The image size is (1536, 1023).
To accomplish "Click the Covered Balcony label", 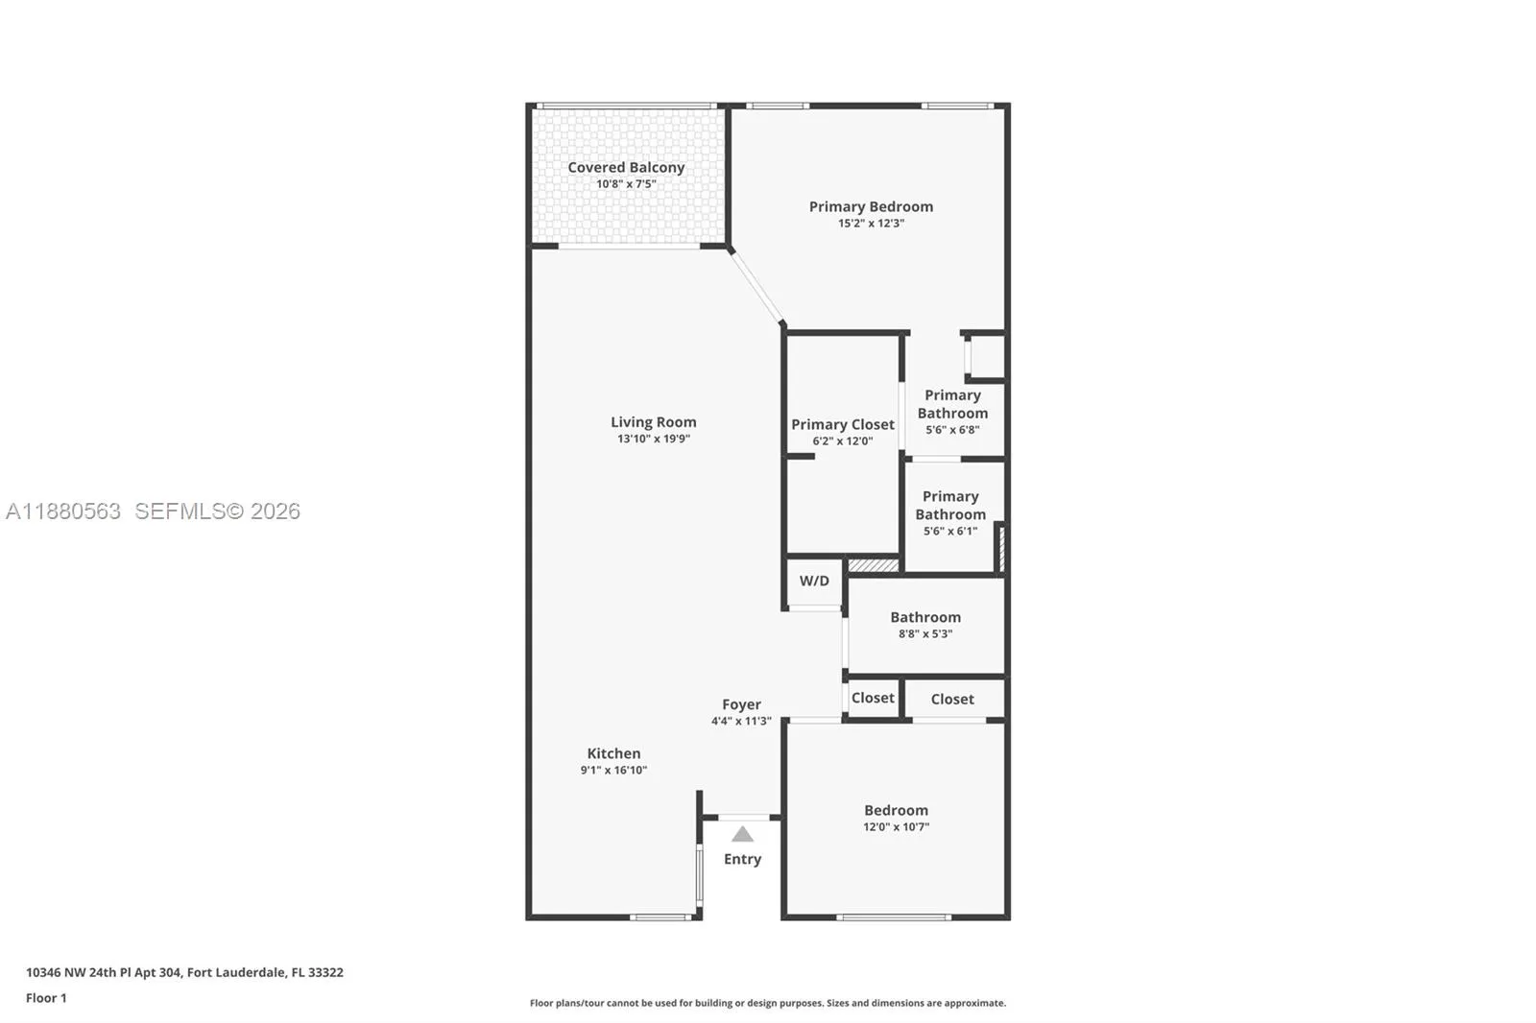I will point(626,167).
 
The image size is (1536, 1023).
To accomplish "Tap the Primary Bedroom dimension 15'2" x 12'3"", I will point(871,224).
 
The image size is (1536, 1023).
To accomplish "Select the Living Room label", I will point(653,422).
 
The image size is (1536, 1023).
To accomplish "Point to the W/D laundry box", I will point(814,581).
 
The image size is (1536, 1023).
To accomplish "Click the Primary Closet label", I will point(842,424).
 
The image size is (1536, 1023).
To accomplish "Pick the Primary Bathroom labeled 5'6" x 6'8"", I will point(952,412).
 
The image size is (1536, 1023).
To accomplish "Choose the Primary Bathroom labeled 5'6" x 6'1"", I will point(950,512).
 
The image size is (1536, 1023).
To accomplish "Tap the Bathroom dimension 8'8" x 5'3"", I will point(925,634).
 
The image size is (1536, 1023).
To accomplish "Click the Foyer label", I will point(741,704).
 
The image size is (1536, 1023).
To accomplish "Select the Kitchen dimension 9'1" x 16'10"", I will point(613,771).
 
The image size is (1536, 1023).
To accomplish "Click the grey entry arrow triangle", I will point(742,834).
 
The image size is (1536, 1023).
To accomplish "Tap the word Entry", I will point(742,859).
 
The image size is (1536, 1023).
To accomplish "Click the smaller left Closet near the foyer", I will point(873,698).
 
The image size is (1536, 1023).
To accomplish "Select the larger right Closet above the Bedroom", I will point(952,699).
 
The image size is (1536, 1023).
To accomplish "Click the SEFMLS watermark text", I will point(217,511).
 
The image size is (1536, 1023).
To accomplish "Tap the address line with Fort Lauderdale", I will point(184,972).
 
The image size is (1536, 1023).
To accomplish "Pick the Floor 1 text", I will point(46,998).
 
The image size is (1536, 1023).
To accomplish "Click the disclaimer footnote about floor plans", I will point(768,1003).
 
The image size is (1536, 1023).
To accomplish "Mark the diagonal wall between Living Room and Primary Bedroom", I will point(757,287).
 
